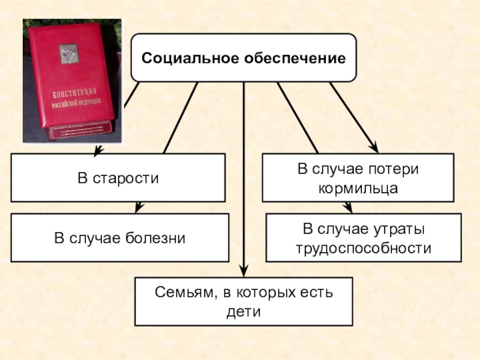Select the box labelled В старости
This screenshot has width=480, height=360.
click(118, 178)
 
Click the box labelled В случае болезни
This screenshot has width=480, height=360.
click(119, 238)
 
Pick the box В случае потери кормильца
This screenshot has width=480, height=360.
click(358, 178)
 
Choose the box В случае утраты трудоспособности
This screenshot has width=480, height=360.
click(363, 238)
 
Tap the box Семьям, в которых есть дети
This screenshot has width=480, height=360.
click(243, 302)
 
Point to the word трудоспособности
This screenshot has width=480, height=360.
click(364, 248)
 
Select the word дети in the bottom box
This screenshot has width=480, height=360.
click(243, 312)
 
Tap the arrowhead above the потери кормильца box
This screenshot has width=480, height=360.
click(372, 147)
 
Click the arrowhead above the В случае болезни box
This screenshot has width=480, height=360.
click(139, 208)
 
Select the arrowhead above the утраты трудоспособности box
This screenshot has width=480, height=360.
click(347, 208)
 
